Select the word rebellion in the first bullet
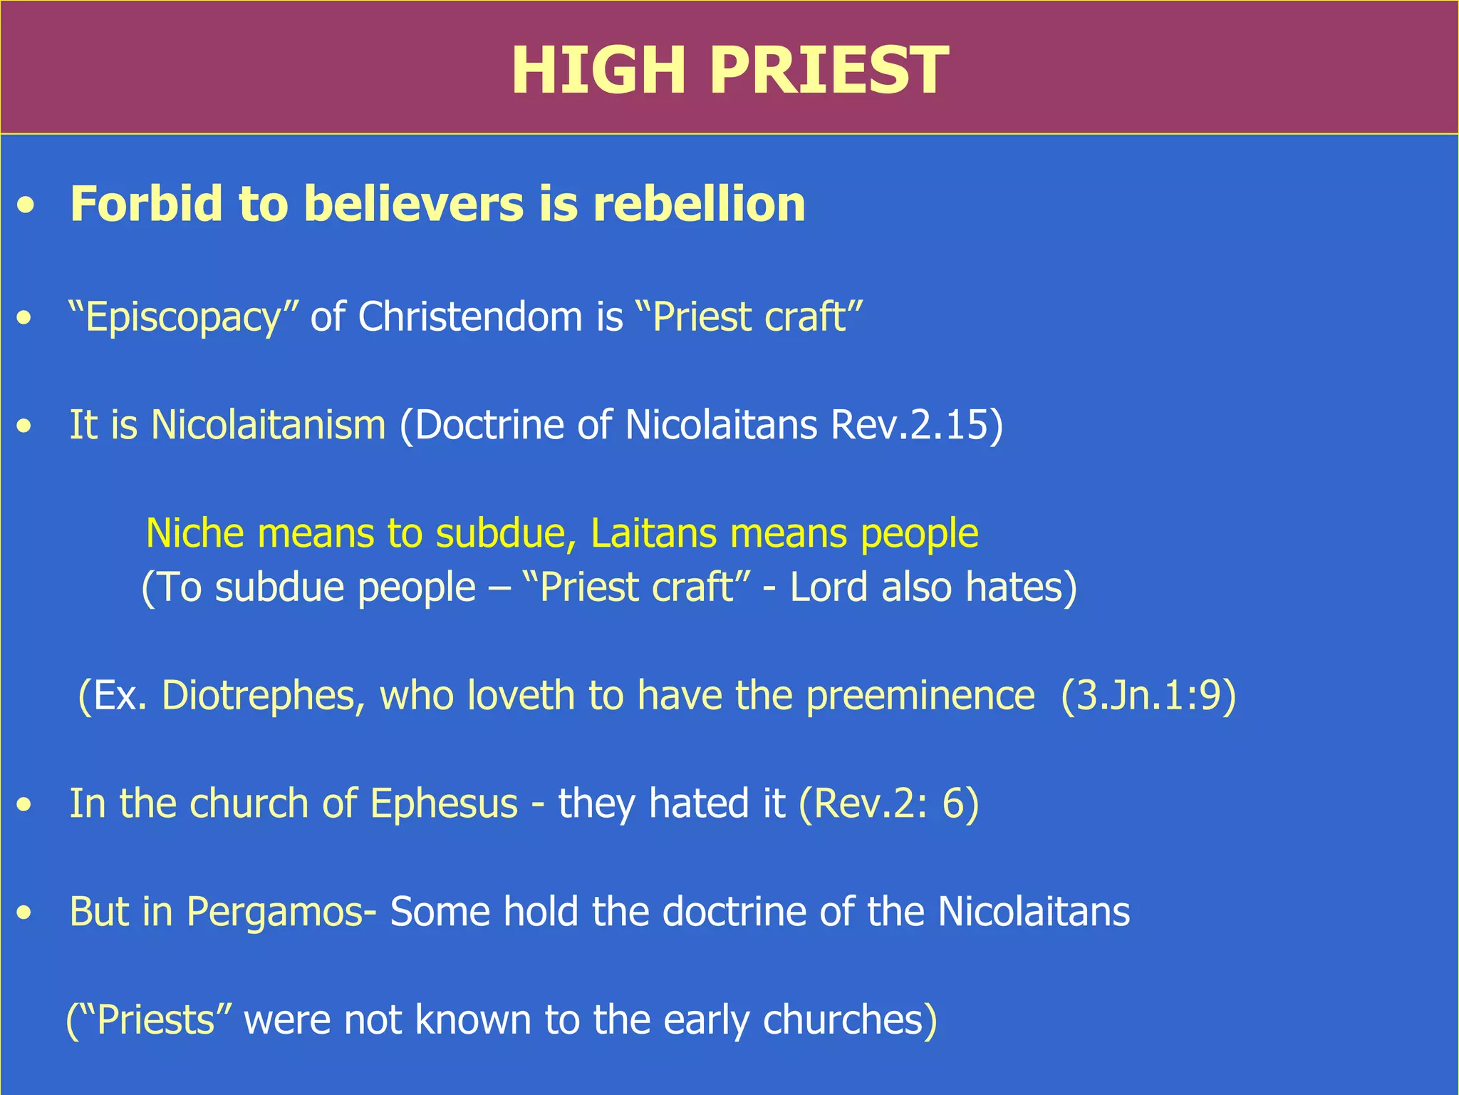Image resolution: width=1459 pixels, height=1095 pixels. click(699, 204)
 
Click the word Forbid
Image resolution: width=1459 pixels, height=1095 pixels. click(147, 204)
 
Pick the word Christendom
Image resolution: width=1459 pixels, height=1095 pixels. click(470, 317)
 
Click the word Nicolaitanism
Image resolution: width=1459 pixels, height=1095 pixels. click(268, 425)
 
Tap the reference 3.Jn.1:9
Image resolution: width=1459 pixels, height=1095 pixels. click(1148, 696)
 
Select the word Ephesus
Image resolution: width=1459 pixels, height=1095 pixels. click(444, 804)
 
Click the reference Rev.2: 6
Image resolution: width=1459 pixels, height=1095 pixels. click(888, 804)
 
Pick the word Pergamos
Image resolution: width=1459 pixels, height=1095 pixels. click(275, 912)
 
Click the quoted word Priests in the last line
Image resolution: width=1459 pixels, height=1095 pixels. click(155, 1020)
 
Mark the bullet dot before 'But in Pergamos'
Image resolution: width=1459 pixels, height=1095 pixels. click(26, 913)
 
